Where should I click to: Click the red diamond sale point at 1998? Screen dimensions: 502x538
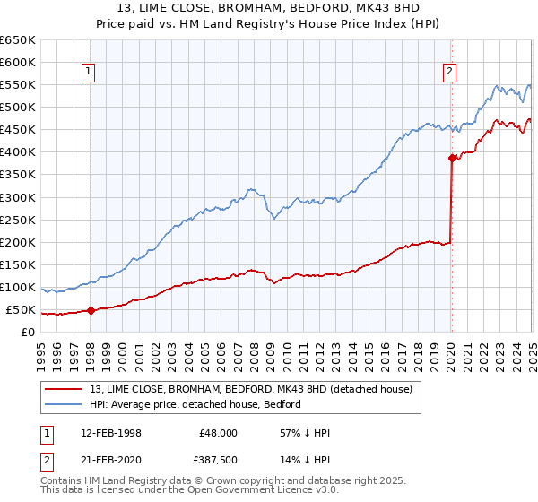pyautogui.click(x=91, y=311)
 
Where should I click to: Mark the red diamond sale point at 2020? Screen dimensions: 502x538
pyautogui.click(x=452, y=158)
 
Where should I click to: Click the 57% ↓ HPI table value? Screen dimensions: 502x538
pyautogui.click(x=306, y=433)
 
